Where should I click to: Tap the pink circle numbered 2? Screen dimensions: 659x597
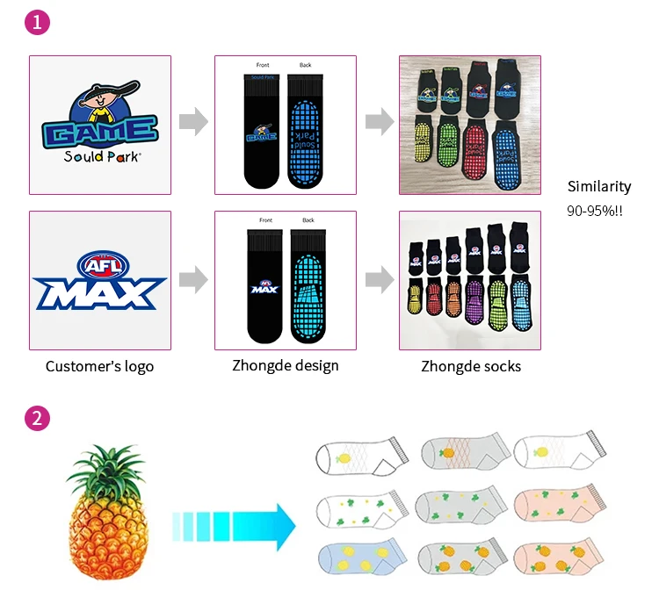pos(36,419)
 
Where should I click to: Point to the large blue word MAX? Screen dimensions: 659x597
pos(99,294)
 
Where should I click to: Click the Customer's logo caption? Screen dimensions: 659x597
pos(99,366)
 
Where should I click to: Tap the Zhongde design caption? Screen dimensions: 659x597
pos(285,365)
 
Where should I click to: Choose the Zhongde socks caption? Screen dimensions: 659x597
pos(470,365)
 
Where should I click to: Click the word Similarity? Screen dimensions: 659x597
pos(599,186)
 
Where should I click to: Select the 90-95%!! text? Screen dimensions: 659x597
pos(595,212)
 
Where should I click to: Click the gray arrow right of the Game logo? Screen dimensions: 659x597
pos(193,122)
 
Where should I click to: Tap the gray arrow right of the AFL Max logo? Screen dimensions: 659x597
pos(193,280)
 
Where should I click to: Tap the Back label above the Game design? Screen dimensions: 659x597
pos(305,65)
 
